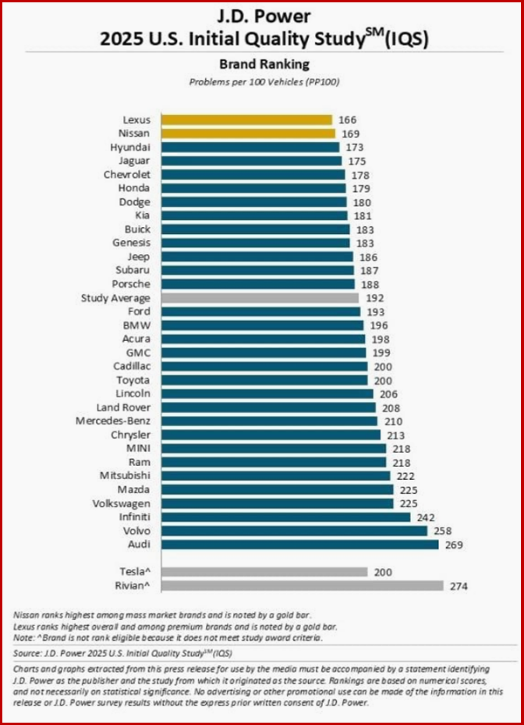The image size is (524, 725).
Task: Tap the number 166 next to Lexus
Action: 349,120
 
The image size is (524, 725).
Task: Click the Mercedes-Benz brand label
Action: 119,421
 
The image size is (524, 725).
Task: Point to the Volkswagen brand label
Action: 122,503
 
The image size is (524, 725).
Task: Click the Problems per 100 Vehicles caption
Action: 262,82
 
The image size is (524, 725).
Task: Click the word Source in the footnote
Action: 30,652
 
